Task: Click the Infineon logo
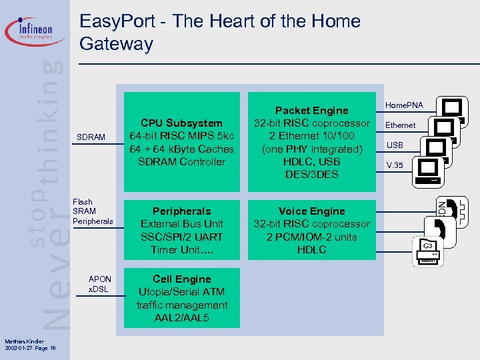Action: (37, 30)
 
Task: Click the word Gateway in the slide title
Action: (116, 45)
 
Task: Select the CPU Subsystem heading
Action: (181, 123)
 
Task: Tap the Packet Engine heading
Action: (311, 111)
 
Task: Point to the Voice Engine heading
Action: (311, 211)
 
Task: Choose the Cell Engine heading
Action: (181, 279)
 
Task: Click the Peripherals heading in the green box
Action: (181, 211)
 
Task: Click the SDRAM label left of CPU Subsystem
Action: (91, 137)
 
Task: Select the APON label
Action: (100, 279)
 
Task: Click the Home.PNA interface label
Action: (405, 105)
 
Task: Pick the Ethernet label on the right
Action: (401, 125)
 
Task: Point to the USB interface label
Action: (395, 145)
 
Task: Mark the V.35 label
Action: (395, 165)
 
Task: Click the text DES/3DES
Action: (311, 175)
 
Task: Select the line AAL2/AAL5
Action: (181, 318)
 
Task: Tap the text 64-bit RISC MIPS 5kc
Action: (181, 136)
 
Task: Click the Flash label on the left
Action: (83, 202)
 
